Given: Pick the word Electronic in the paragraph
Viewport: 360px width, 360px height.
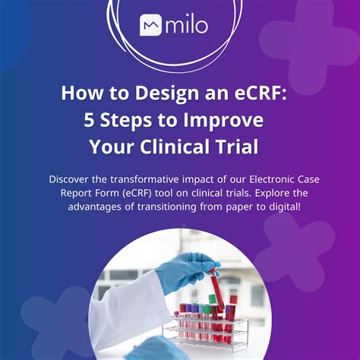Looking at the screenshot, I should (x=261, y=180).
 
